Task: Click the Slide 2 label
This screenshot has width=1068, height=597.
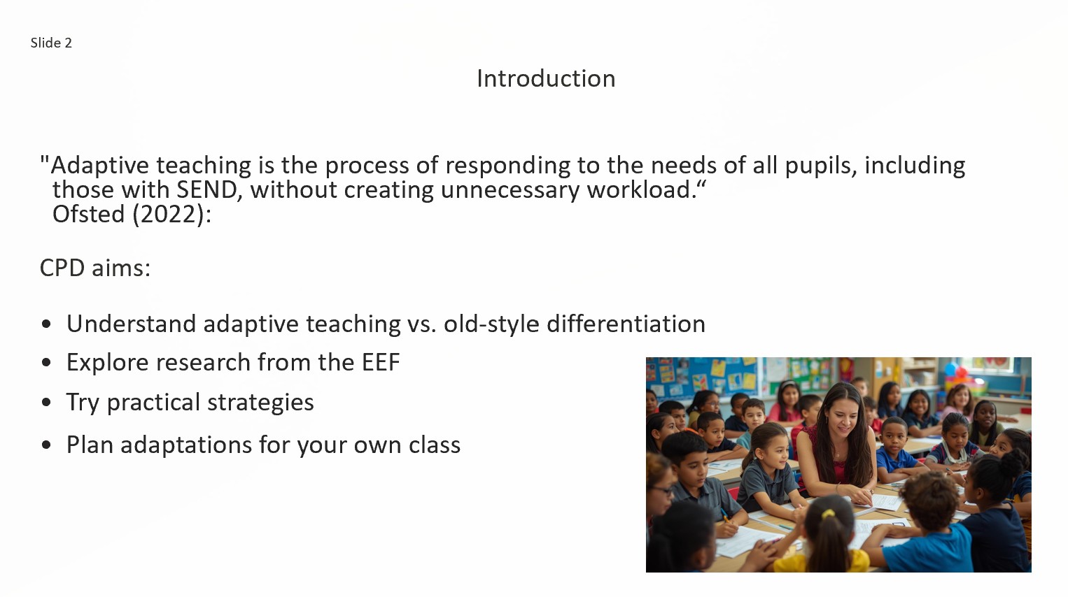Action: tap(51, 43)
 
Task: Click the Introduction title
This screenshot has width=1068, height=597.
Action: tap(546, 78)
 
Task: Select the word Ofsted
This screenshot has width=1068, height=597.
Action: tap(89, 214)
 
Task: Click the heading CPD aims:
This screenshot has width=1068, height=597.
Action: tap(95, 268)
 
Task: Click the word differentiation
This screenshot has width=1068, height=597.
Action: tap(626, 324)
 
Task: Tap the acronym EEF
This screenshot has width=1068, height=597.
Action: tap(381, 362)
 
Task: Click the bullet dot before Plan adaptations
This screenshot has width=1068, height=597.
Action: tap(46, 445)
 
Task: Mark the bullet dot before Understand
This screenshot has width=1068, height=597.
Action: tap(46, 324)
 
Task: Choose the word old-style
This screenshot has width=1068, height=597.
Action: tap(491, 324)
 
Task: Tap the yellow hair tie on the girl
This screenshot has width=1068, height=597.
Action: tap(828, 514)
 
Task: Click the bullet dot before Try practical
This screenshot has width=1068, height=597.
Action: tap(46, 402)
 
